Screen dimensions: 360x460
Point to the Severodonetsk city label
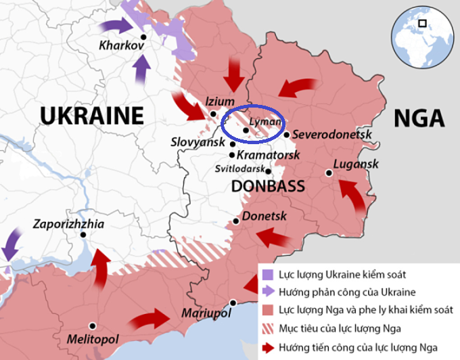pos(333,135)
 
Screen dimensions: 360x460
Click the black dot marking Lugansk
pos(328,173)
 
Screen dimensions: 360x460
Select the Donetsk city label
pos(264,217)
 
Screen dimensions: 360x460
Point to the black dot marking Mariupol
pos(233,302)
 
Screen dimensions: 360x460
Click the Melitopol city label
pos(92,338)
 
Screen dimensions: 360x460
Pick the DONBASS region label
pos(268,185)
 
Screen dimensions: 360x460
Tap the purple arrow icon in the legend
pos(268,293)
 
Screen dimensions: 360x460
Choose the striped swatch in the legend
pos(268,330)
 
